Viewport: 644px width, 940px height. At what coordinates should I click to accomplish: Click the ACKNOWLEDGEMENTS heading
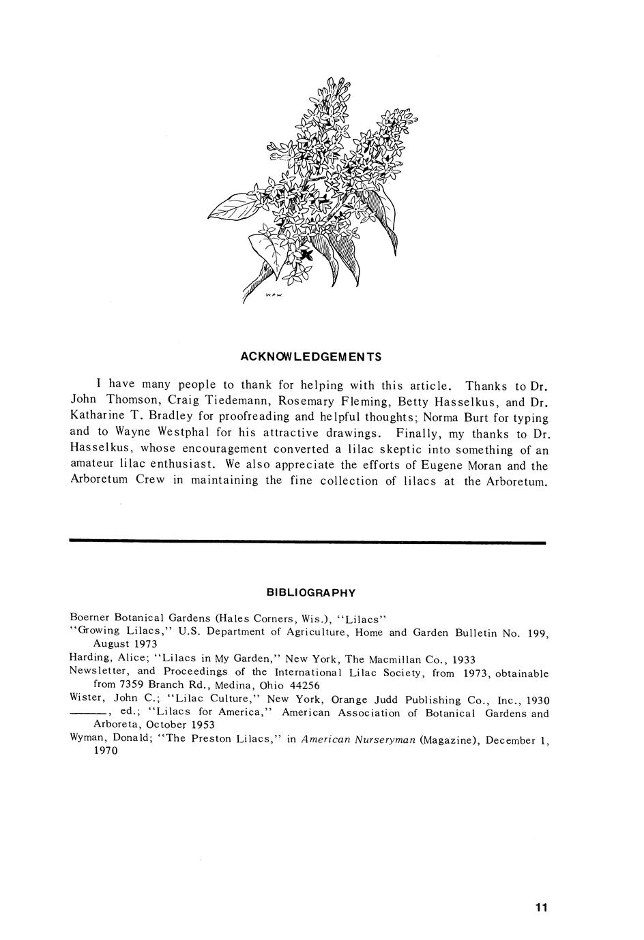tap(311, 357)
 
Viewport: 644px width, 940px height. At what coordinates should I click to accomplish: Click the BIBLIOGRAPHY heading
tap(311, 592)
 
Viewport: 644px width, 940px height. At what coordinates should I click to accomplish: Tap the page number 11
tap(542, 907)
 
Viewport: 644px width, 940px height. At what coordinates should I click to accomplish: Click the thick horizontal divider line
tap(308, 543)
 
